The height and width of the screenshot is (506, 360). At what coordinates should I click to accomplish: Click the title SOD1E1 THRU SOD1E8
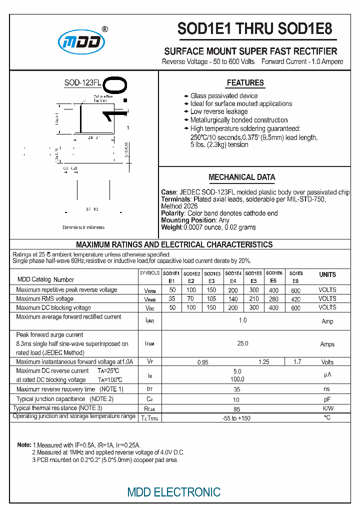254,29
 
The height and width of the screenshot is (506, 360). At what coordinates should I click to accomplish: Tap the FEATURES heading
245,83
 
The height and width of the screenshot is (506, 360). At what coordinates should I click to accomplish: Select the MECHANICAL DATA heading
241,177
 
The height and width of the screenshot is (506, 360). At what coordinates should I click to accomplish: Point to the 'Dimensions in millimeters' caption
83,227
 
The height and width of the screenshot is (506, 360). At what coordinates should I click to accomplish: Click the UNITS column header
327,274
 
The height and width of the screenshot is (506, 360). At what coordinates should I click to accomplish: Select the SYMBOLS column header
149,273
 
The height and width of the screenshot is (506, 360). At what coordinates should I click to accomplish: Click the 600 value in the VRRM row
295,290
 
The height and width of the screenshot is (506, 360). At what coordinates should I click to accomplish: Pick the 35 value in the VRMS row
172,298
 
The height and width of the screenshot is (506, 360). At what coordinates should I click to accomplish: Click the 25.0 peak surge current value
242,343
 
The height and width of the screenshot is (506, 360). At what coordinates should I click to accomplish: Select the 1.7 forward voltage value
297,361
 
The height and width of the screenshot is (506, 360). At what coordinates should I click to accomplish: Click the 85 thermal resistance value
237,408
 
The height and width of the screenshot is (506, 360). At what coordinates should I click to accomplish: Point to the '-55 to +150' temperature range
236,417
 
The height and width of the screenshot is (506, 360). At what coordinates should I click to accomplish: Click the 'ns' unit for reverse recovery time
327,389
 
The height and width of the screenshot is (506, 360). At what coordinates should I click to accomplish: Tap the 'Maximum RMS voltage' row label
44,298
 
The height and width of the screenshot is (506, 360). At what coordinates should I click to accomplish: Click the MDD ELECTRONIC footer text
173,492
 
